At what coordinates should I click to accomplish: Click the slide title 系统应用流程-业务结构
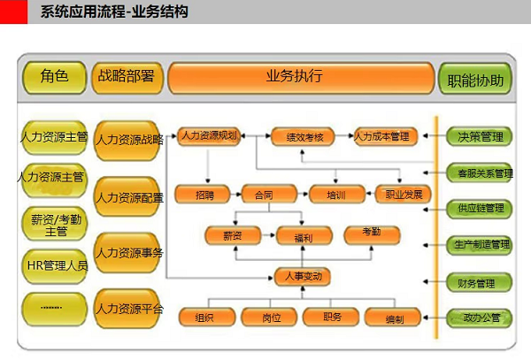point(114,12)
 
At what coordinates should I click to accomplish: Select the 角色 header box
point(54,77)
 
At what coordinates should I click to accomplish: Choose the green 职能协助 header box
point(475,80)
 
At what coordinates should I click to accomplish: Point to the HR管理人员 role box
point(54,265)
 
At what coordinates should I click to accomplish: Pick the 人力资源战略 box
point(128,140)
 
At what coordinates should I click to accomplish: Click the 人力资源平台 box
point(128,309)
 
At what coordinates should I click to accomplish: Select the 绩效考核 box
point(304,137)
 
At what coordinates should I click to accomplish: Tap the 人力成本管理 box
point(381,137)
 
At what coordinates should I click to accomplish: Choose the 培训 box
point(336,194)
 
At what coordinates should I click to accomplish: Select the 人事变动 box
point(302,277)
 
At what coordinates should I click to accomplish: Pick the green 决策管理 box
point(481,137)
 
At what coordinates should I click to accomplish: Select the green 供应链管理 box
point(481,209)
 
